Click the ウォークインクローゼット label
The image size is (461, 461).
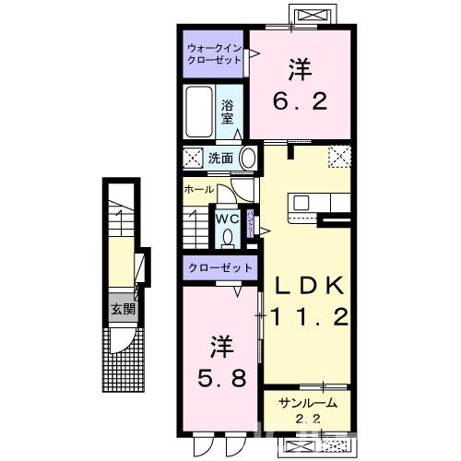click(214, 53)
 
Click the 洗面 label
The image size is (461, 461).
click(219, 158)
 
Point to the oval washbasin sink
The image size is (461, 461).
click(247, 158)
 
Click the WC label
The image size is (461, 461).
click(227, 219)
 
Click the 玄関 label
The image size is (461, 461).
click(124, 309)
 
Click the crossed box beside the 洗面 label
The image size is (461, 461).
click(193, 158)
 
